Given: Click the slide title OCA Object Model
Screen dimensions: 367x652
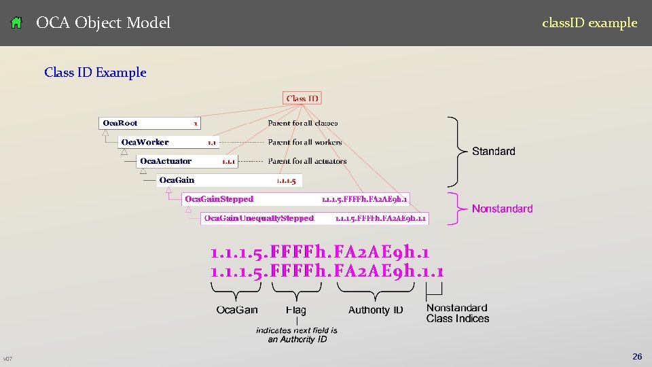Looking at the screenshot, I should [103, 23].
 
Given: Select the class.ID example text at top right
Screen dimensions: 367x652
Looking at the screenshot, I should [589, 23].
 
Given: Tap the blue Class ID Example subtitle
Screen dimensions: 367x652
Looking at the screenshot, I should [95, 72].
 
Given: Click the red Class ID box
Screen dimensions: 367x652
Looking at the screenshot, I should [302, 99].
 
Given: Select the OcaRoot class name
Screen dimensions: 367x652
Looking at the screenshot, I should [120, 123].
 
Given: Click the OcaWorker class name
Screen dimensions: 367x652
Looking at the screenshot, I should [145, 142].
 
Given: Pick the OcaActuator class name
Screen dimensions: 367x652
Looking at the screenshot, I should [166, 161].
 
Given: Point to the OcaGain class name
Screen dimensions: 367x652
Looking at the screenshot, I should [177, 180].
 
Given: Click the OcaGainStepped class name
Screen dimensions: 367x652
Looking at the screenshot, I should [219, 199].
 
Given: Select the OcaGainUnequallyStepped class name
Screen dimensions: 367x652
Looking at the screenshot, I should [259, 218].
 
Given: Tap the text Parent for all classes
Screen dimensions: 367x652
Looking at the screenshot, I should [302, 123].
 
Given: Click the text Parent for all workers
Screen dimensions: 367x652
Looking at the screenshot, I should [305, 142].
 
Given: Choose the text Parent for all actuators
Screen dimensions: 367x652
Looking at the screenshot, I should [307, 161].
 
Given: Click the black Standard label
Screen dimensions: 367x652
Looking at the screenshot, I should [494, 151].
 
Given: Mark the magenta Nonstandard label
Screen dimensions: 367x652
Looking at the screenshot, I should [502, 209].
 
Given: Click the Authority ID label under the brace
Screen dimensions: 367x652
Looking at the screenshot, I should [376, 310].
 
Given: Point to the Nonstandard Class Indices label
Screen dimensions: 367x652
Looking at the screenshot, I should [457, 313].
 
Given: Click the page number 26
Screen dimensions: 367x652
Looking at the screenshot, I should [637, 357].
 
